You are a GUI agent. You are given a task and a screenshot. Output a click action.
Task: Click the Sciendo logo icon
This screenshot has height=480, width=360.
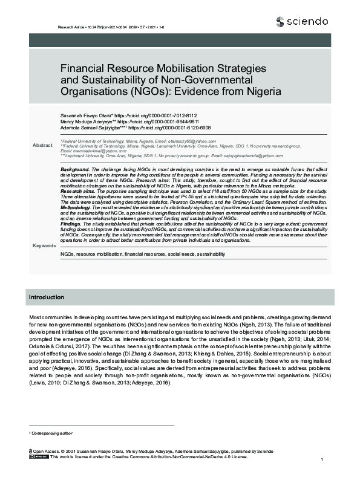coord(279,22)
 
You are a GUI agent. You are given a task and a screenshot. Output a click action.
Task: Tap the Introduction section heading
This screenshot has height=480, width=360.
coord(47,297)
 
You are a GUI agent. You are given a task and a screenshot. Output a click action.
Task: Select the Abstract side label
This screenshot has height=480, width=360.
coord(42,146)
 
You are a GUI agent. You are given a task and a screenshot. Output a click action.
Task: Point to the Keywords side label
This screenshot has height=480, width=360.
coord(44,245)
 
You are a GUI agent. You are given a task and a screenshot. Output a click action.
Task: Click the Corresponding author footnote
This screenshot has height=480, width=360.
coord(53,433)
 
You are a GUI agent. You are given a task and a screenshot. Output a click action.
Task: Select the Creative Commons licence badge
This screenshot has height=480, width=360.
coord(38,457)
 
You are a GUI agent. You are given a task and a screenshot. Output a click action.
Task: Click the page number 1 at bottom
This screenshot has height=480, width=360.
coord(322,461)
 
